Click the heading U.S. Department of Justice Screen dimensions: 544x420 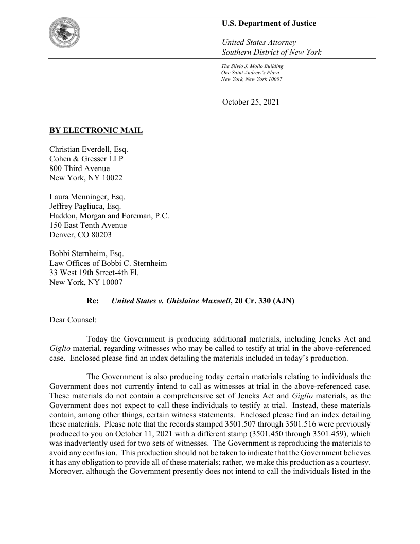[x=269, y=23]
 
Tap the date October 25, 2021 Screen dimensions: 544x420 [x=251, y=102]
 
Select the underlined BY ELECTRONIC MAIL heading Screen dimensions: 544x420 [x=96, y=130]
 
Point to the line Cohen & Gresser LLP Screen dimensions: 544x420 [x=86, y=159]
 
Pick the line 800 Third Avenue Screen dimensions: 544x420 [x=79, y=168]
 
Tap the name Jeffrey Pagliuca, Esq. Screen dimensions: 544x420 [x=85, y=206]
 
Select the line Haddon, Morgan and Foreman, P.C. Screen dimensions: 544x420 [x=109, y=216]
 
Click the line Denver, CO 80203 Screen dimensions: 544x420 [x=80, y=235]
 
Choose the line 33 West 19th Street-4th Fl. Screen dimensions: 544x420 [x=94, y=273]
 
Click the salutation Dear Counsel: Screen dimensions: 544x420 [x=73, y=320]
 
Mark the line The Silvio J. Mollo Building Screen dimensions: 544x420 [x=252, y=66]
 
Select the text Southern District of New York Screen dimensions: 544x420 [x=271, y=52]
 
